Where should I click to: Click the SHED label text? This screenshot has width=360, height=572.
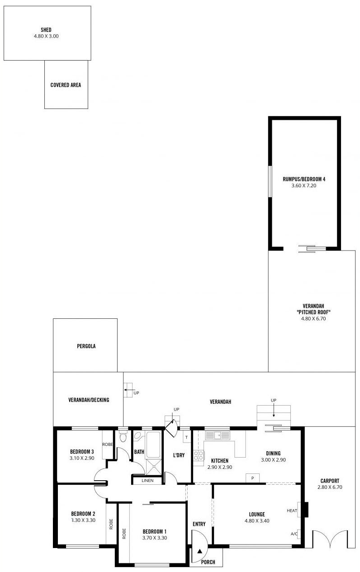coord(46,30)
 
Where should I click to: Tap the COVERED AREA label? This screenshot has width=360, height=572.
coord(66,85)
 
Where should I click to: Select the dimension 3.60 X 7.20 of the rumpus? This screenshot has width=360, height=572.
coord(304,186)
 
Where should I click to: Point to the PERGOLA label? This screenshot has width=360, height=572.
coord(86,346)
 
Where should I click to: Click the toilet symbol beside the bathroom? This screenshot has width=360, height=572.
coord(123,437)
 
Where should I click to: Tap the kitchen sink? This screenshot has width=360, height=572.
coord(218,435)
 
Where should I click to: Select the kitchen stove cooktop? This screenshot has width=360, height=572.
coord(199,455)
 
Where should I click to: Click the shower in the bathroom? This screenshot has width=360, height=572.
coord(154,467)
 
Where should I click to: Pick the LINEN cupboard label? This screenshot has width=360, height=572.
coord(147,481)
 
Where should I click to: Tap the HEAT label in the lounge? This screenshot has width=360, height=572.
coord(292,511)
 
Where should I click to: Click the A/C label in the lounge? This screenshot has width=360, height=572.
coord(294,534)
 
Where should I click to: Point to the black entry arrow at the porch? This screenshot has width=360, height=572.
coord(199,551)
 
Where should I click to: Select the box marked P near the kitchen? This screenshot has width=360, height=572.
coord(252,478)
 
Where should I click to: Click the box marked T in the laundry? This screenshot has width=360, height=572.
coord(187,437)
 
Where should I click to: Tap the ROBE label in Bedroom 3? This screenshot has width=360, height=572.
coord(108,444)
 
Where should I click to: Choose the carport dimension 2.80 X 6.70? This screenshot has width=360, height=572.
coord(330,487)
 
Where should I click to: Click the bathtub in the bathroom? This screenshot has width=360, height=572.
coord(153,444)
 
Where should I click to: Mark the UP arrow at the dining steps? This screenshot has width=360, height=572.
coord(274,411)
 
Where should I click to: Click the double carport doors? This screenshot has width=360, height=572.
coord(330,539)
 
